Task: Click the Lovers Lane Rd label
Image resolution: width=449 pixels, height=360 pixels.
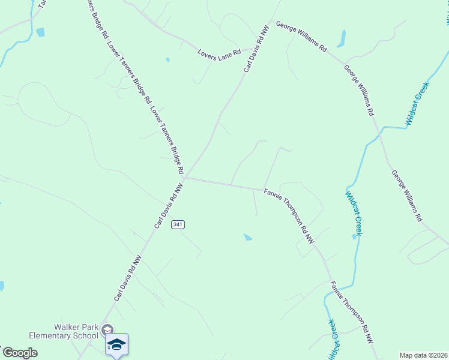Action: pyautogui.click(x=219, y=53)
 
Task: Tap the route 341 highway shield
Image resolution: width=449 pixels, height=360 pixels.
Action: pyautogui.click(x=177, y=224)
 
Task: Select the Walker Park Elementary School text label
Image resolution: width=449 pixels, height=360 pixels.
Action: pyautogui.click(x=76, y=331)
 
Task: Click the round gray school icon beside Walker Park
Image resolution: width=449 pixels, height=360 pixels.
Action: pyautogui.click(x=107, y=329)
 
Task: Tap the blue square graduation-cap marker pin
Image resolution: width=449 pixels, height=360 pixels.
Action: pyautogui.click(x=116, y=344)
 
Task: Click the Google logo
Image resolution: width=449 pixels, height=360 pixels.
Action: pyautogui.click(x=20, y=353)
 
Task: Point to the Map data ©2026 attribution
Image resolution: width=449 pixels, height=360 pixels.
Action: pyautogui.click(x=423, y=355)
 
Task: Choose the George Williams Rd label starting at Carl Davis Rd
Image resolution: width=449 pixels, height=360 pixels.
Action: pyautogui.click(x=301, y=37)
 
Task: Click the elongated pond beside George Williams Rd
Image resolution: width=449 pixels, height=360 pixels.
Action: pyautogui.click(x=341, y=39)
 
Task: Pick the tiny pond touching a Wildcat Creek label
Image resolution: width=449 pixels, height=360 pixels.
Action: pyautogui.click(x=354, y=236)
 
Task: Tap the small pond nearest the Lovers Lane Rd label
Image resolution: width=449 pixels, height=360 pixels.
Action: pyautogui.click(x=167, y=59)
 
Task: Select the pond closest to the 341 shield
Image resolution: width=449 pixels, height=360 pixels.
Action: pyautogui.click(x=247, y=238)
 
